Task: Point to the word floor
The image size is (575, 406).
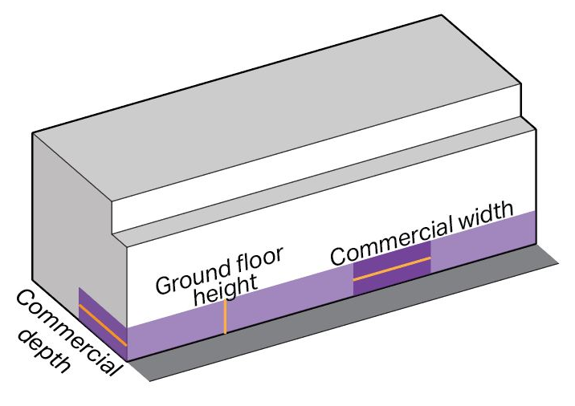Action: pyautogui.click(x=260, y=260)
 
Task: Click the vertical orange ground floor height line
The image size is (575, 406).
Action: pyautogui.click(x=226, y=317)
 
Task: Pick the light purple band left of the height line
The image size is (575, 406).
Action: pyautogui.click(x=173, y=331)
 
